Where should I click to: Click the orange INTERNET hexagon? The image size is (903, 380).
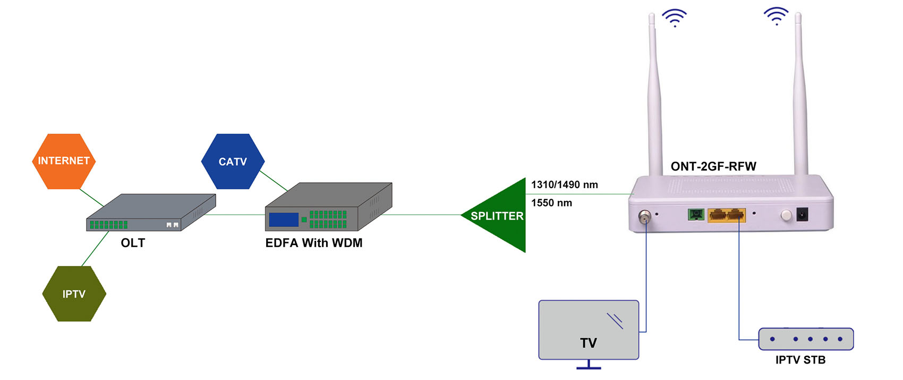[x=64, y=161]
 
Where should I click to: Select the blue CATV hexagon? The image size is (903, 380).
[x=233, y=162]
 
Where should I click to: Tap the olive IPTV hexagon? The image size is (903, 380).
[x=74, y=294]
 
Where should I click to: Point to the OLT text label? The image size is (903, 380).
[x=133, y=243]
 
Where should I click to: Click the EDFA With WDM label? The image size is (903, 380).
[x=314, y=243]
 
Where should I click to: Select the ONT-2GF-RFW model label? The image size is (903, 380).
[x=713, y=166]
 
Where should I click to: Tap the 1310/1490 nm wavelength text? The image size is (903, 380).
[x=565, y=184]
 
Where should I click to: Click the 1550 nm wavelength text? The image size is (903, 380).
[x=551, y=202]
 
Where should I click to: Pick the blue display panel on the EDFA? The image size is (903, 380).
[x=284, y=219]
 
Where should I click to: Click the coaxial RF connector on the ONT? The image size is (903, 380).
[x=644, y=216]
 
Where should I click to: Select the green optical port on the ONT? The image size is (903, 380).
[x=696, y=214]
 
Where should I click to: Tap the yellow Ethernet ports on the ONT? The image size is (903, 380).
[x=727, y=215]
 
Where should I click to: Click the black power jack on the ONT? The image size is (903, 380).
[x=802, y=214]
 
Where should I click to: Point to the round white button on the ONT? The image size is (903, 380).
[x=786, y=215]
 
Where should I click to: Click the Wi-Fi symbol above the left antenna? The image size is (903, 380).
[x=675, y=18]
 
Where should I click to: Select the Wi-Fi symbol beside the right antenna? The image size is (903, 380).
[x=776, y=16]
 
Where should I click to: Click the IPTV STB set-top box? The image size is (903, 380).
[x=806, y=339]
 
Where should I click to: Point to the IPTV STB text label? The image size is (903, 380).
[x=800, y=360]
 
